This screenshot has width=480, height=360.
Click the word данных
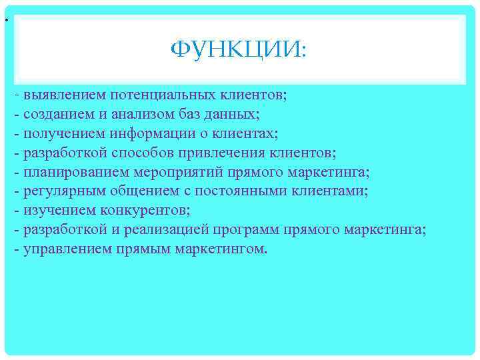[x=231, y=115]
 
